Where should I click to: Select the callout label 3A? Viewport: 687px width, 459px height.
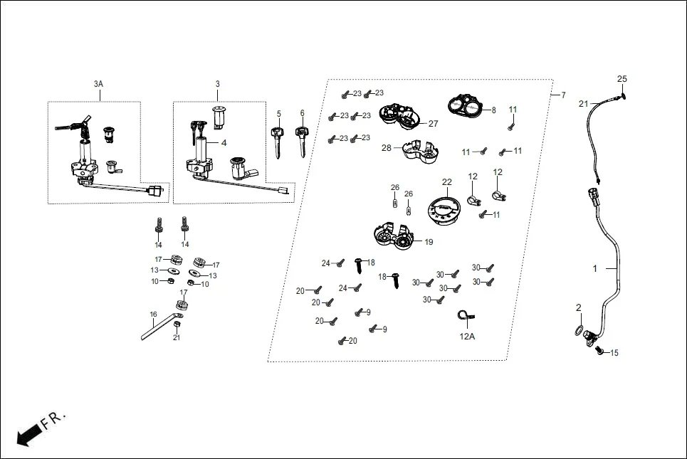click(x=98, y=84)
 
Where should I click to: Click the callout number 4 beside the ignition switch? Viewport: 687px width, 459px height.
click(x=224, y=143)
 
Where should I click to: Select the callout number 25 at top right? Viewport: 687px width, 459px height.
click(x=622, y=78)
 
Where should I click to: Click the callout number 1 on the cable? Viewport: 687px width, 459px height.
click(x=596, y=269)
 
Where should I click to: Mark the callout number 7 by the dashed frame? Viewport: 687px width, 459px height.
click(x=563, y=95)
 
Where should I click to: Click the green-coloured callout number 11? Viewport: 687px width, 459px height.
click(x=512, y=109)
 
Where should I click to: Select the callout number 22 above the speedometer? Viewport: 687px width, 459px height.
click(x=446, y=182)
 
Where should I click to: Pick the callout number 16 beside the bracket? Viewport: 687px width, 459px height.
click(x=153, y=314)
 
